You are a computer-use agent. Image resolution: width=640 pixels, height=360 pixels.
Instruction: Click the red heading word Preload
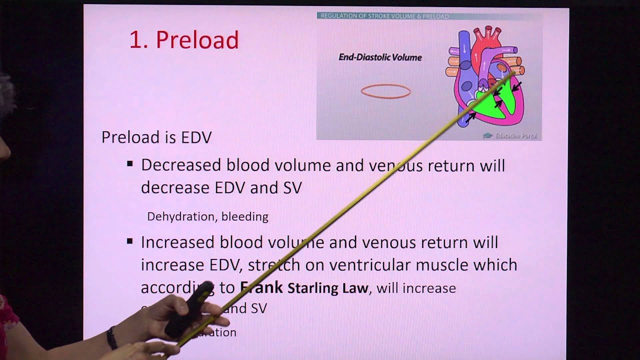[x=197, y=40]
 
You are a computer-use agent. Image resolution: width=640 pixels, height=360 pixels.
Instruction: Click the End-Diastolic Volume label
[x=380, y=57]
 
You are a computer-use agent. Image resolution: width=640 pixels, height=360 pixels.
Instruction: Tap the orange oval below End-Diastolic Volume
[x=386, y=91]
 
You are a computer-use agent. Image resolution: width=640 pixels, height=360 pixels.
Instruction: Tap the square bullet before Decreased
[x=130, y=163]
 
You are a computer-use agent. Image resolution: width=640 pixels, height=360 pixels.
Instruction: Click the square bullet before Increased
[x=130, y=241]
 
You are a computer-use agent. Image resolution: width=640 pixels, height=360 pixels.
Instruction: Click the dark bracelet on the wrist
[x=111, y=338]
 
